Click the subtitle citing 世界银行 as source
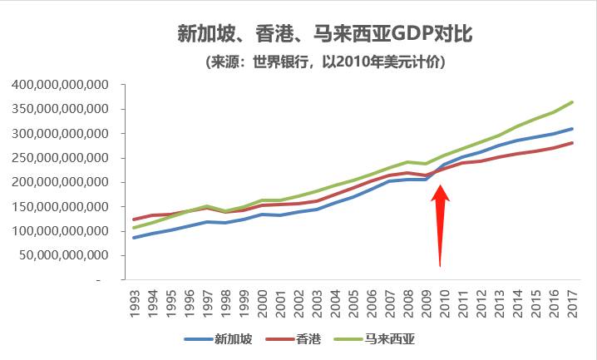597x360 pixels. (326, 62)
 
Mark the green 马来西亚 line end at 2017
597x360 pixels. (572, 102)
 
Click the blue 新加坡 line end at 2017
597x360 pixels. (572, 129)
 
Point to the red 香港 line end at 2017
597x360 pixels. (572, 143)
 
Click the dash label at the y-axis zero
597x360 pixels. (97, 280)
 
